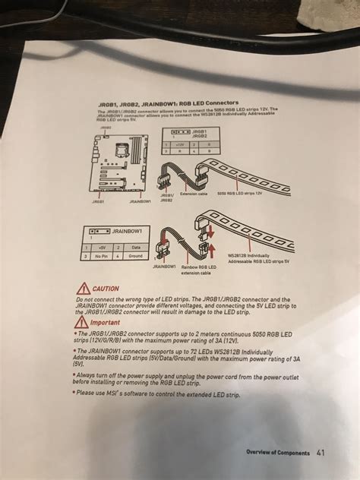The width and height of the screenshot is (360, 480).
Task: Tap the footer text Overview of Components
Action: click(277, 453)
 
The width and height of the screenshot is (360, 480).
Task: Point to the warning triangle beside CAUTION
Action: click(81, 289)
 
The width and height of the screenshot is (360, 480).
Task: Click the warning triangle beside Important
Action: click(81, 322)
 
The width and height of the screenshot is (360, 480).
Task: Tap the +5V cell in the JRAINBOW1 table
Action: click(106, 248)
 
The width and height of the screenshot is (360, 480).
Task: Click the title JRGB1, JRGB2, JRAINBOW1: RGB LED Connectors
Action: click(169, 103)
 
